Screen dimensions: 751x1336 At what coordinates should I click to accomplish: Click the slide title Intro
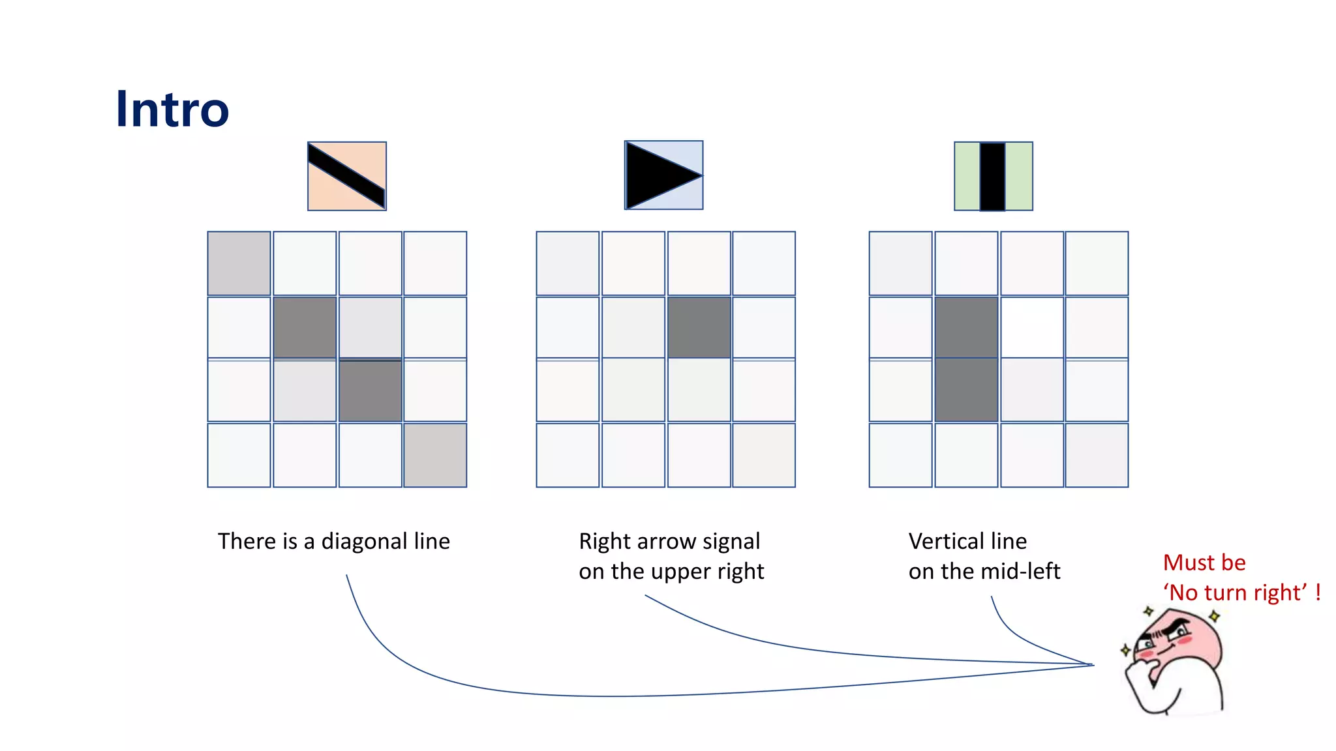coord(172,109)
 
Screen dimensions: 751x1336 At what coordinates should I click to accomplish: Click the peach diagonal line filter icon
coord(346,176)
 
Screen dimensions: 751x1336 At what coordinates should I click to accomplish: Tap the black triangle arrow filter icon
coord(663,175)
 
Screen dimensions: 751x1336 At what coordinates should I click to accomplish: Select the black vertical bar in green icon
coord(992,176)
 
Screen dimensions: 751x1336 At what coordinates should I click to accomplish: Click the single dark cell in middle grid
coord(699,327)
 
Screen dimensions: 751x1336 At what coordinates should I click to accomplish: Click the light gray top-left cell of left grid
coord(239,263)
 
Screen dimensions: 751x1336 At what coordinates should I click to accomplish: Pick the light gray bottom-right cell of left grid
coord(435,455)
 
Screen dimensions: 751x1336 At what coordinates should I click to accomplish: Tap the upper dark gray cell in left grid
coord(305,327)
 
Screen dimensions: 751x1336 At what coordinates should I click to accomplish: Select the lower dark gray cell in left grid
coord(370,390)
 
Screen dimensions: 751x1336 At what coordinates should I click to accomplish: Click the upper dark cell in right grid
coord(966,327)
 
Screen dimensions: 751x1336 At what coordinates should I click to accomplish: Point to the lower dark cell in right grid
coord(966,390)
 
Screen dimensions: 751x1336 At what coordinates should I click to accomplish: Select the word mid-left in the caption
coord(1027,571)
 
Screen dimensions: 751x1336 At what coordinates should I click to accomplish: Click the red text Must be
coord(1204,562)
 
